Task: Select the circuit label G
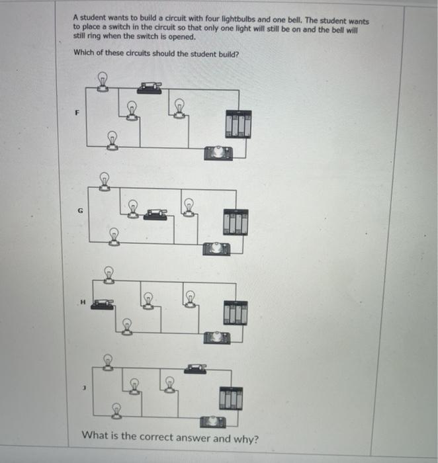click(81, 211)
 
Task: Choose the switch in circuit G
click(155, 213)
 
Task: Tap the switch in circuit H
click(102, 304)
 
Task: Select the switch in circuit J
click(195, 368)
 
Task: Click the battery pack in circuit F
click(238, 124)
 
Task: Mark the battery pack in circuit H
click(235, 312)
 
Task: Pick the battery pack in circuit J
click(232, 397)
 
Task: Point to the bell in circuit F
click(218, 153)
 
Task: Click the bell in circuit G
click(216, 248)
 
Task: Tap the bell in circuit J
click(212, 421)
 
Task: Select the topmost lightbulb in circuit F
click(103, 81)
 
